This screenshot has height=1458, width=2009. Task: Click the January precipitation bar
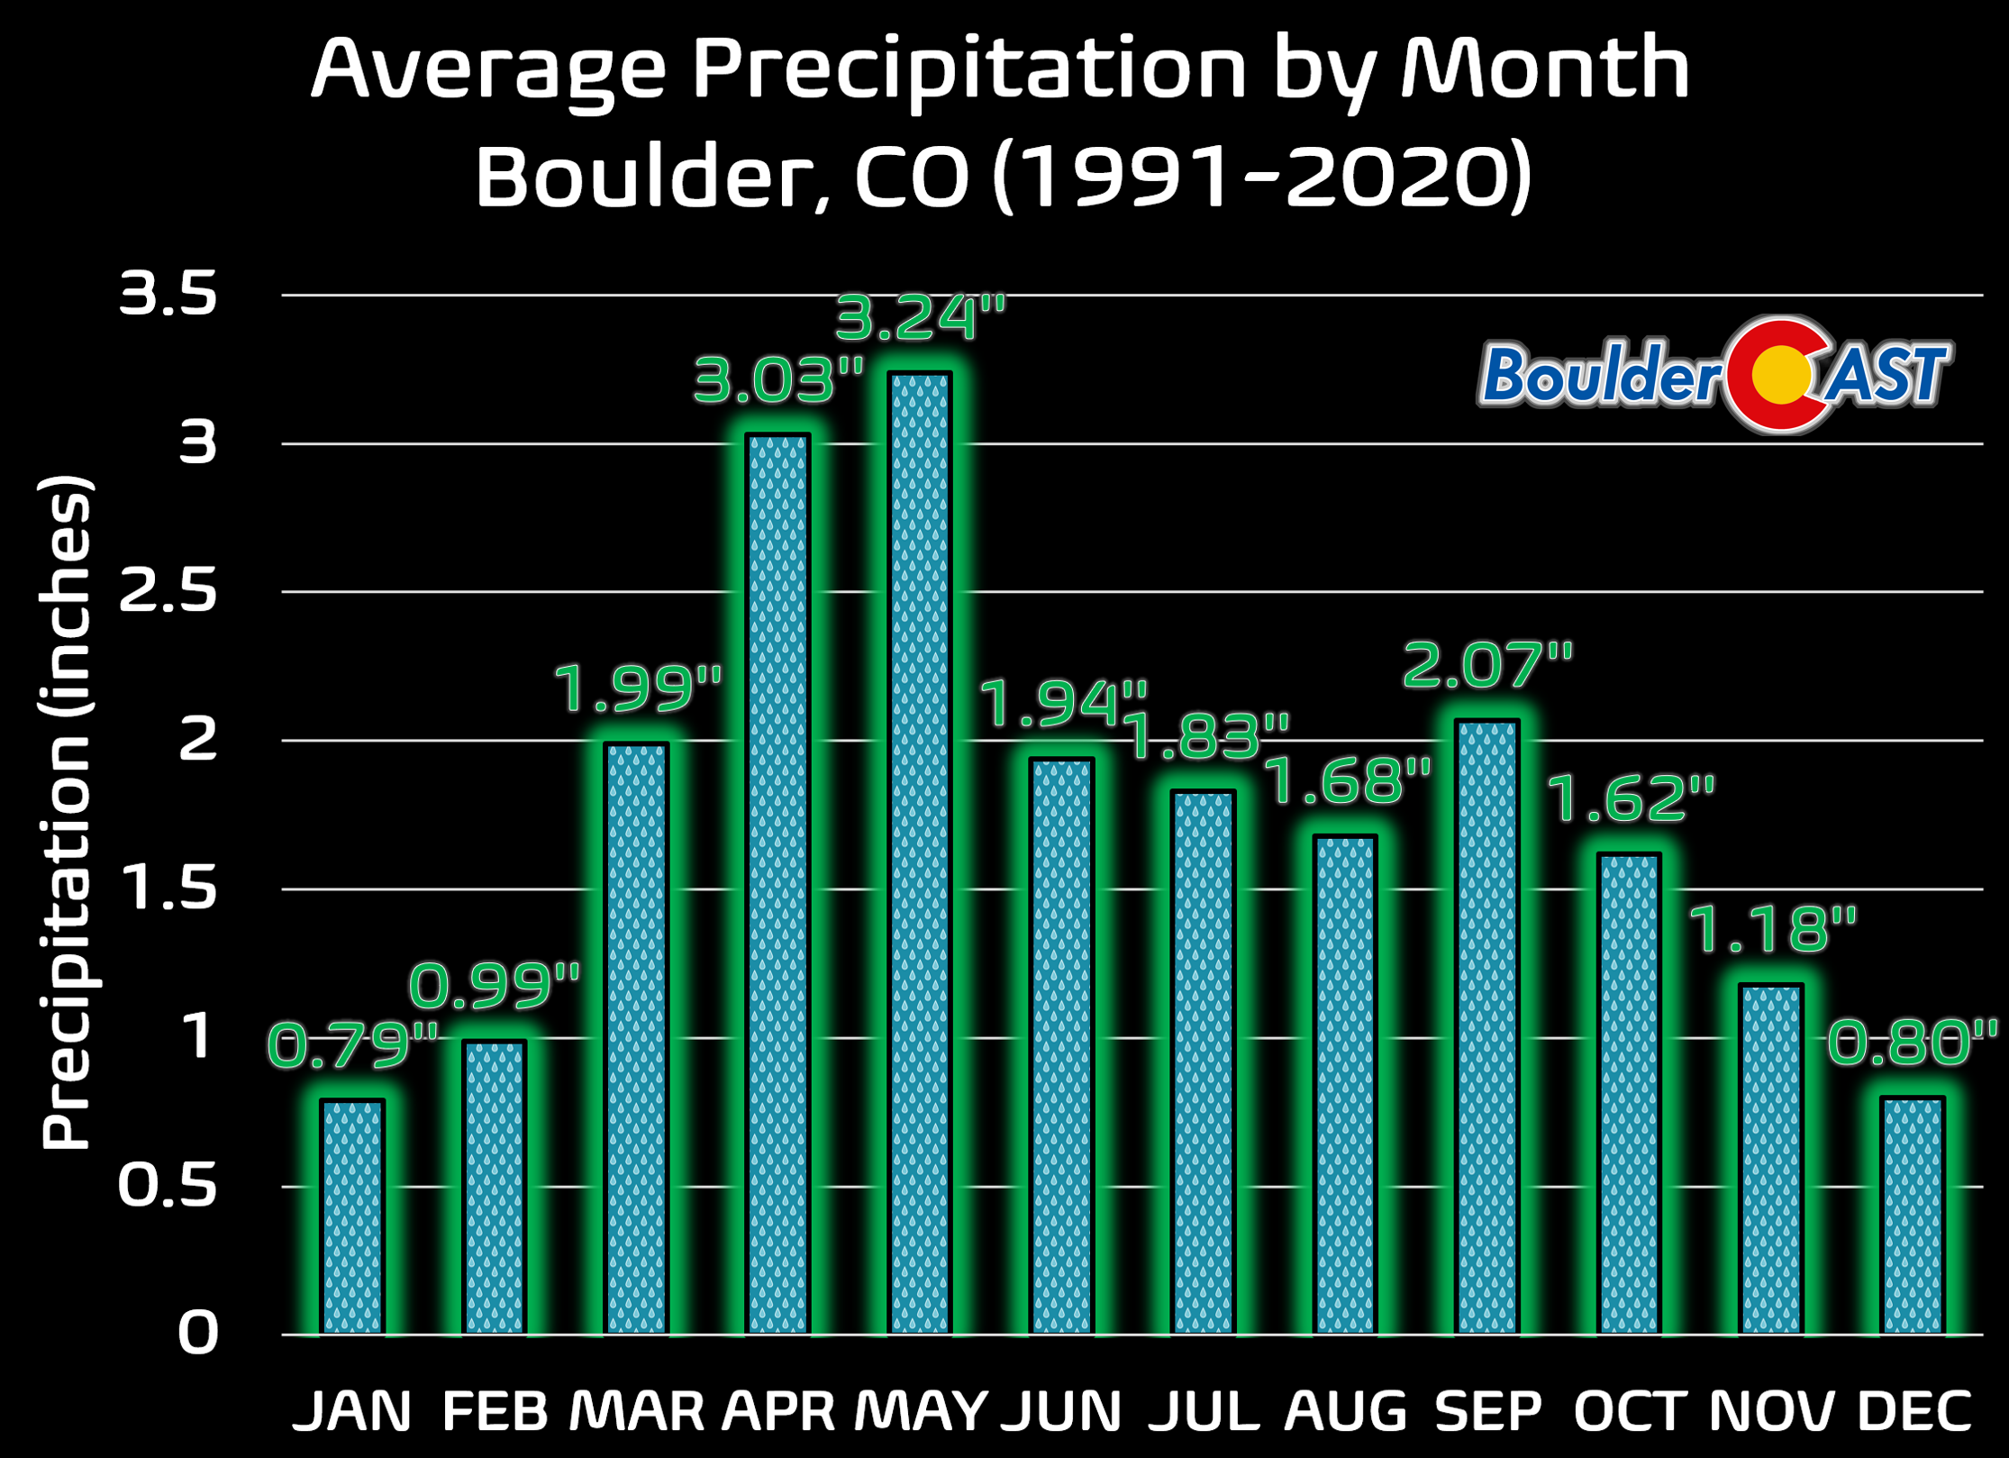coord(353,1217)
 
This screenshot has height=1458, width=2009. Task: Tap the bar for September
coord(1487,1027)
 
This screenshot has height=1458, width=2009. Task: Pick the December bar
coord(1912,1216)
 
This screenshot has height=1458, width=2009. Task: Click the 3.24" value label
coord(920,318)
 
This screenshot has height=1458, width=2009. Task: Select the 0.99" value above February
coord(495,985)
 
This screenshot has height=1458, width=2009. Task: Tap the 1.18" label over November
coord(1771,929)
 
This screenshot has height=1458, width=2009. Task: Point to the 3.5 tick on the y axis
coord(168,294)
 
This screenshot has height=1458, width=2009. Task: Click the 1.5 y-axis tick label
coord(168,888)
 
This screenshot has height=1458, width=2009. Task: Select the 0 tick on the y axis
coord(197,1333)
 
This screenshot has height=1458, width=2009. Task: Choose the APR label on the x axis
coord(778,1411)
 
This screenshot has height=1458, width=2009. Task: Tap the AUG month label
coord(1346,1411)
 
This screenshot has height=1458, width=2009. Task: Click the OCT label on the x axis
coord(1629,1411)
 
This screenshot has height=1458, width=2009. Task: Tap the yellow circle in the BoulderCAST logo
coord(1779,374)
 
